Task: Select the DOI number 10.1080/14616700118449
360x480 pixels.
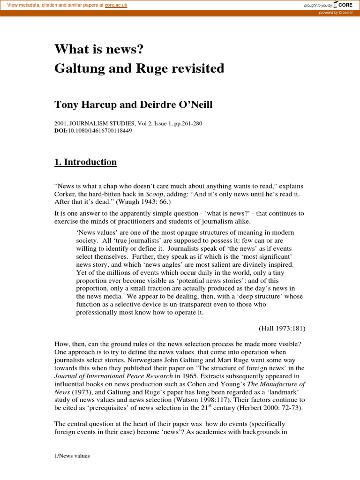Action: coord(100,131)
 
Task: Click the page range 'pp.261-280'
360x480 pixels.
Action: coord(189,124)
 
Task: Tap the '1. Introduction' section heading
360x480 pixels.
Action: coord(86,162)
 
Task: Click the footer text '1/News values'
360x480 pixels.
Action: coord(72,455)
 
